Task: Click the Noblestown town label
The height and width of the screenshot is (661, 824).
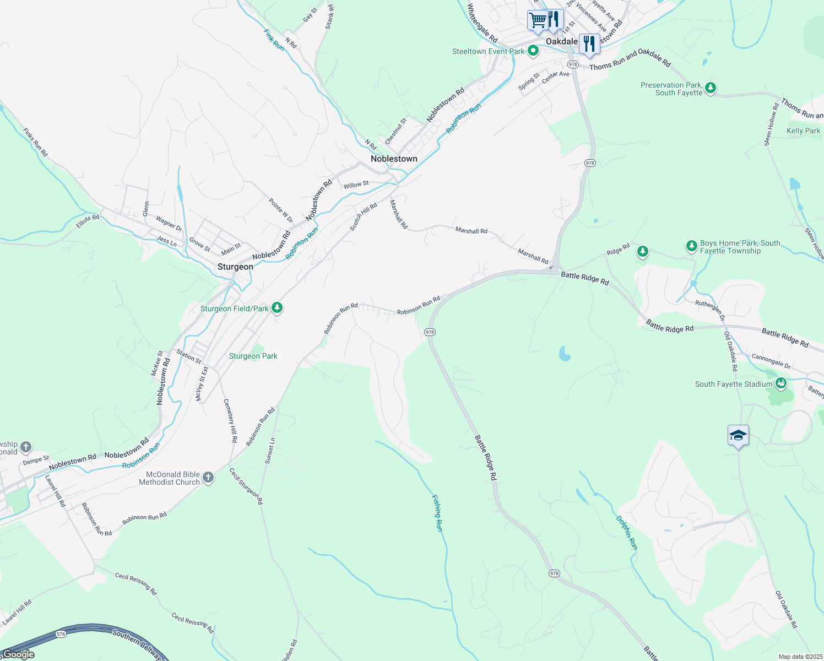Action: [x=394, y=159]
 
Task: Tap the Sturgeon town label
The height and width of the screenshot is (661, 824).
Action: [x=235, y=267]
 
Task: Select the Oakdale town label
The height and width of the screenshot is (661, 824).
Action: [x=561, y=41]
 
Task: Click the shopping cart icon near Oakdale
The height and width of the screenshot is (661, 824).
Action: [x=538, y=20]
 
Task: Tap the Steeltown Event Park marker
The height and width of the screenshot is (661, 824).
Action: [x=533, y=51]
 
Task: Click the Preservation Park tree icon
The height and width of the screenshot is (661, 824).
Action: [x=711, y=88]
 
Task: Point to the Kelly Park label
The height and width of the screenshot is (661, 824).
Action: [x=803, y=131]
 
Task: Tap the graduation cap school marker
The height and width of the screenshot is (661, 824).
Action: [x=738, y=436]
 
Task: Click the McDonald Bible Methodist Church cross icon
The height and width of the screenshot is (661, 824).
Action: [x=208, y=478]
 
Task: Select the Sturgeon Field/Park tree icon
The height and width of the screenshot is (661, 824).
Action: [x=278, y=308]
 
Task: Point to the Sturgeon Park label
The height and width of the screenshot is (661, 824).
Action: [x=253, y=356]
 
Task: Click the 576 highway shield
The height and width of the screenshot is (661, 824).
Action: [x=61, y=634]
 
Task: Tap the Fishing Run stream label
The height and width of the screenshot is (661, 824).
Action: [x=437, y=513]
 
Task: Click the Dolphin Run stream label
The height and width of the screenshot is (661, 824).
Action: [x=627, y=532]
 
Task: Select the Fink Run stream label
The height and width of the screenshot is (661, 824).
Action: [x=274, y=40]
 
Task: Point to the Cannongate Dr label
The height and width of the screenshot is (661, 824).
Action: [x=771, y=361]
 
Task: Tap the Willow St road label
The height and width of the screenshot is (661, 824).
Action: [x=356, y=185]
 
